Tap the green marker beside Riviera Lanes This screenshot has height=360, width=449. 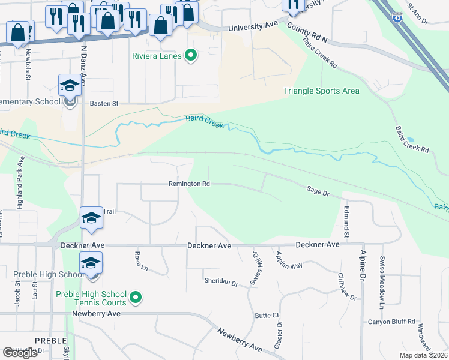tap(191, 57)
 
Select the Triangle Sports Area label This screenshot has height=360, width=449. tap(321, 91)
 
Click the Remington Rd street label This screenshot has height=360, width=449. tap(189, 184)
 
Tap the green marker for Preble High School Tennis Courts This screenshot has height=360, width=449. tap(136, 296)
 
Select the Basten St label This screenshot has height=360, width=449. tap(104, 103)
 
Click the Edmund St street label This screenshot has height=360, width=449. tap(346, 220)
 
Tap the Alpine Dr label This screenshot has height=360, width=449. tap(363, 263)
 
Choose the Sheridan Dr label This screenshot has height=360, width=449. tap(221, 281)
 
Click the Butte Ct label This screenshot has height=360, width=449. tap(267, 315)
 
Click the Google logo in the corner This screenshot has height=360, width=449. tap(20, 353)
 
